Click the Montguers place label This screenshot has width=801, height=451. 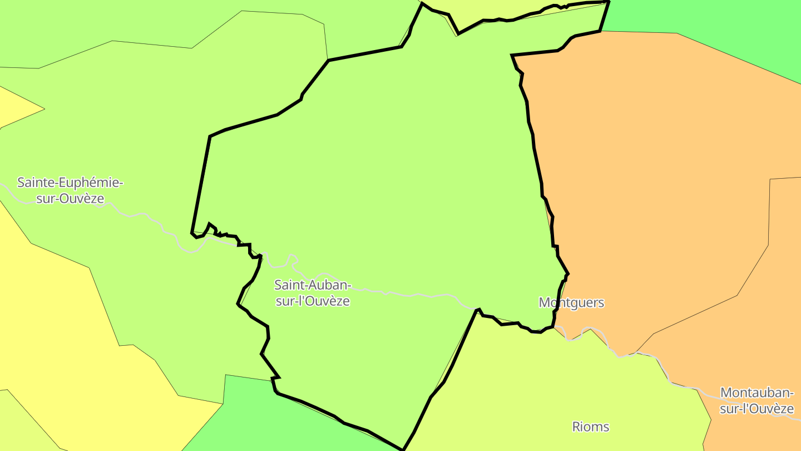pos(571,303)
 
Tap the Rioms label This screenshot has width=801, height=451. pos(591,427)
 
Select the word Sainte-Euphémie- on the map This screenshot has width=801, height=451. pos(70,183)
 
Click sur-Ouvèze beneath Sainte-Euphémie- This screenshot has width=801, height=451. pos(70,199)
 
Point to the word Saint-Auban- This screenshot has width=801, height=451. pos(313,286)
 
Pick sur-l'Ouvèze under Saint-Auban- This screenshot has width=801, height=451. pos(313,301)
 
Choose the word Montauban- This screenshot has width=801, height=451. pos(756,393)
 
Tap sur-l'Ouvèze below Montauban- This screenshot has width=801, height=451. pos(756,409)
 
